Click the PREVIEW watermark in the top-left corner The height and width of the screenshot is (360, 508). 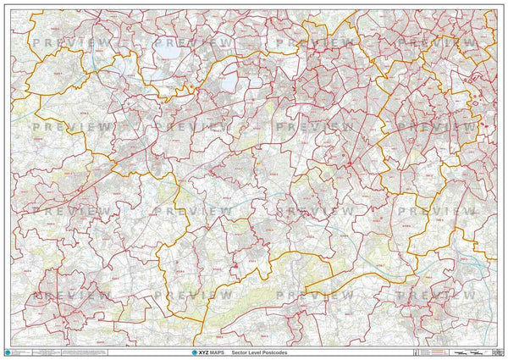point(72,42)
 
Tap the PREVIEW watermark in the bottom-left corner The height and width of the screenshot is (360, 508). point(72,296)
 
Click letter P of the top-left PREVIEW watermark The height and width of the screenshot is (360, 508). point(36,42)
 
